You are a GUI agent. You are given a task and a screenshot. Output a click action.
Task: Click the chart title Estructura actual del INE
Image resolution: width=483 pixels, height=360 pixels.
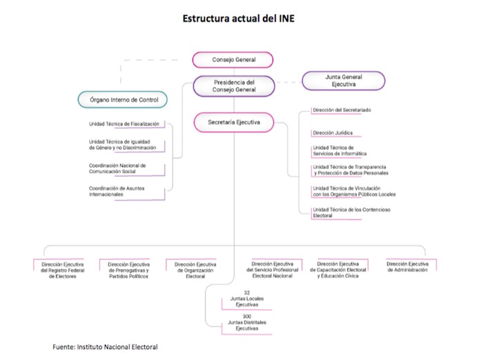pyautogui.click(x=238, y=19)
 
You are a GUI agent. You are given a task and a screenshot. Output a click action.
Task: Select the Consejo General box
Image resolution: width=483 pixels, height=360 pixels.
pyautogui.click(x=233, y=60)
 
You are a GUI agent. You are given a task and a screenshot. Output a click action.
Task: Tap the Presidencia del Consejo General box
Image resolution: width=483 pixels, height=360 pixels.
pyautogui.click(x=234, y=86)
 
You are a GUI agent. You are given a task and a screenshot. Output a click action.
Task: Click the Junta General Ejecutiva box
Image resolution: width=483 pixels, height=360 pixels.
pyautogui.click(x=343, y=81)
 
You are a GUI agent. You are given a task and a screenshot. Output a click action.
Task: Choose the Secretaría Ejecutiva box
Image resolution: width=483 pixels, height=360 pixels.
pyautogui.click(x=233, y=122)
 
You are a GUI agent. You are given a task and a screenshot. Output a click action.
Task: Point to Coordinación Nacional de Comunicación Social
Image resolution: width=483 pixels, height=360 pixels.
pyautogui.click(x=117, y=169)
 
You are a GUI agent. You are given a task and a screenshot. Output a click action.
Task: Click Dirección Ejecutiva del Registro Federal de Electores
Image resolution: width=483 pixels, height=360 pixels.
pyautogui.click(x=62, y=270)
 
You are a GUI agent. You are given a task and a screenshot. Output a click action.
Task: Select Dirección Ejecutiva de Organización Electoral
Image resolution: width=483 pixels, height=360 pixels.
pyautogui.click(x=195, y=270)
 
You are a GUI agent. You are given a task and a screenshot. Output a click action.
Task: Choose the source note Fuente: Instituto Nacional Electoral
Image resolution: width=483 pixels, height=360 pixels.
pyautogui.click(x=105, y=346)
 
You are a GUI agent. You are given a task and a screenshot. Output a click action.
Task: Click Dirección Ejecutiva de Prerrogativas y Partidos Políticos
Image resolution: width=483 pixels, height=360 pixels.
pyautogui.click(x=128, y=270)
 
